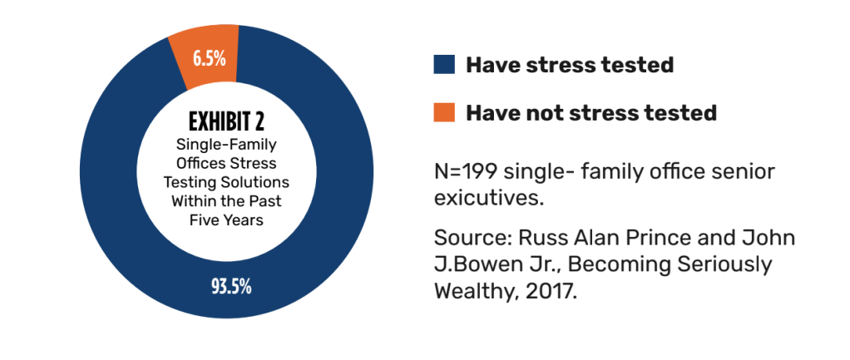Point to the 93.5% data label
[230, 288]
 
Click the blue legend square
[444, 65]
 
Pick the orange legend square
[444, 112]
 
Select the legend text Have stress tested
[569, 65]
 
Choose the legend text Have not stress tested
[591, 112]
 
